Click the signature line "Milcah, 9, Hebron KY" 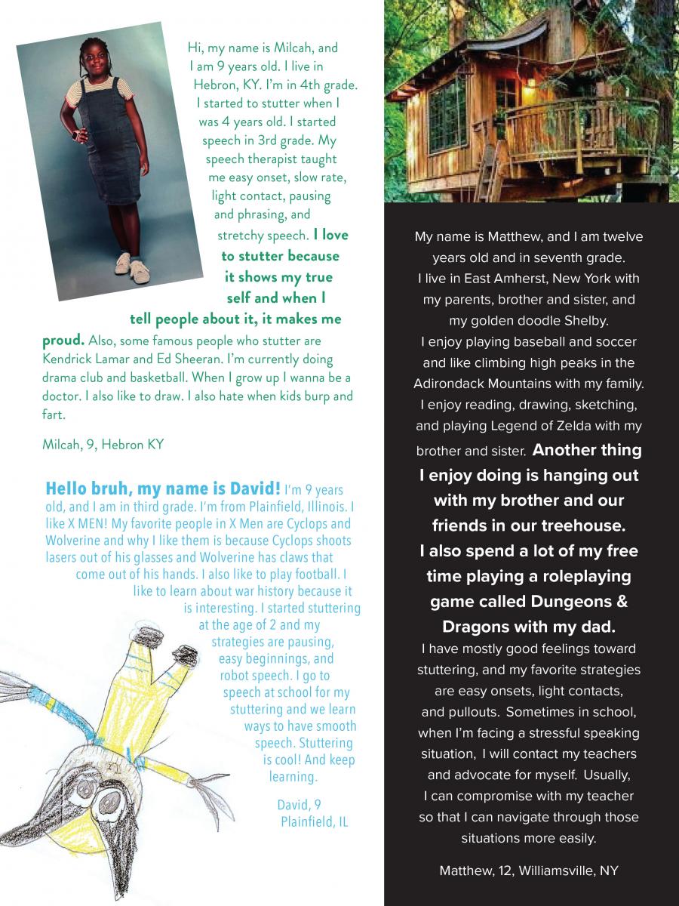click(x=103, y=445)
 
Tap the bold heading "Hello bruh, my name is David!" click(x=163, y=488)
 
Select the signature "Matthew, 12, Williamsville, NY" click(x=529, y=871)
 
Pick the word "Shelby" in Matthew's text click(x=582, y=321)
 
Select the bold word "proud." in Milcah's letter click(x=63, y=341)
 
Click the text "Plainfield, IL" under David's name click(x=314, y=821)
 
